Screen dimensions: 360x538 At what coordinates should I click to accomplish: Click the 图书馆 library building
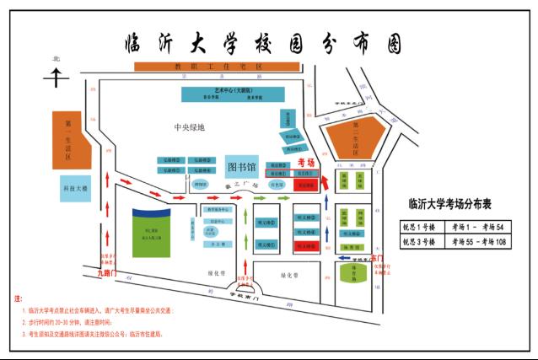pos(245,164)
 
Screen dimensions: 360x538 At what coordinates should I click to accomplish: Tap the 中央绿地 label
pos(189,127)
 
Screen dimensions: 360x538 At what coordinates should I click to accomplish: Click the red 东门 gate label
pos(375,257)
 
